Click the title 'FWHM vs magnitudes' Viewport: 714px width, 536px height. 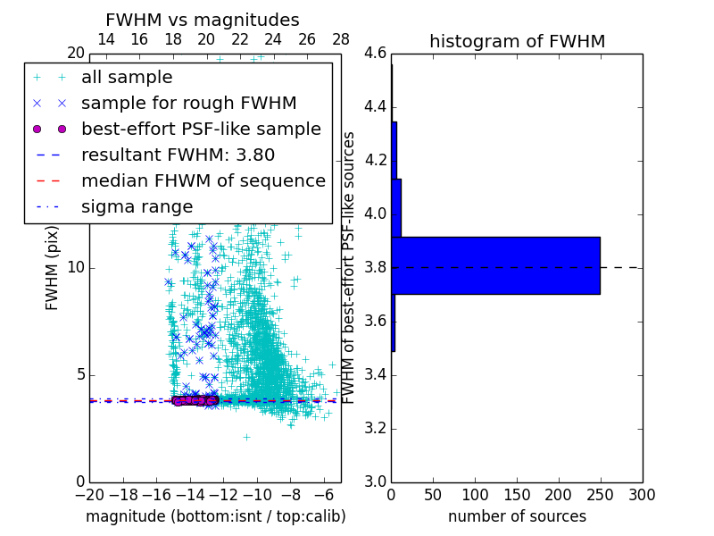202,20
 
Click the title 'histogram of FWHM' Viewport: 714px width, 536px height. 517,41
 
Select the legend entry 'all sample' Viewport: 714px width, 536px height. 127,78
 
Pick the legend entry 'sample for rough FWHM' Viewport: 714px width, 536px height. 188,104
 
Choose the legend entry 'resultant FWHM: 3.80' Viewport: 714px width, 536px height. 178,155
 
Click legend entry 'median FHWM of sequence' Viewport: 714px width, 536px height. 203,181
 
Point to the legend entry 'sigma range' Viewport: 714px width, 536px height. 137,207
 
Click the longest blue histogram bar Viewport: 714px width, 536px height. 495,265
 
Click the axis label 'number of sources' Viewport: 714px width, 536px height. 517,516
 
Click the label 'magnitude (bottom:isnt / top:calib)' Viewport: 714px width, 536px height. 215,516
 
